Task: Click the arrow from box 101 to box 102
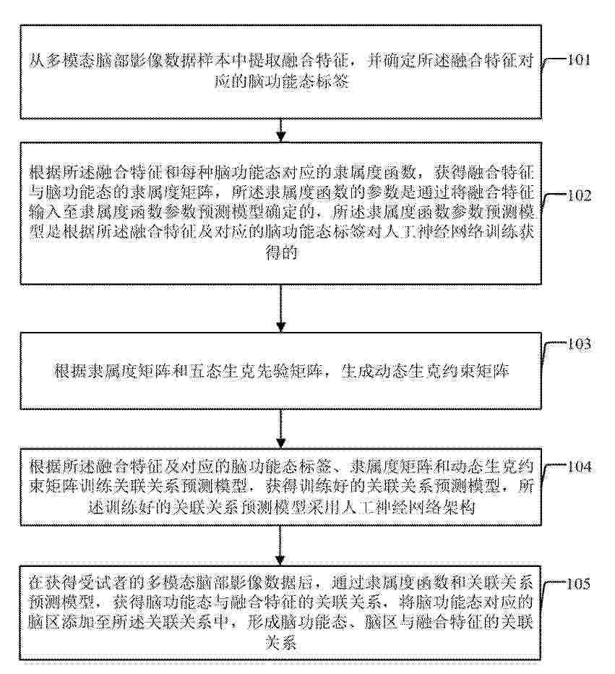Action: pyautogui.click(x=280, y=130)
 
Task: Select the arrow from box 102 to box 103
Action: pyautogui.click(x=280, y=308)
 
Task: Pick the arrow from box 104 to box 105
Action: pyautogui.click(x=280, y=545)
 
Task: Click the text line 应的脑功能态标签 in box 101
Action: pyautogui.click(x=281, y=81)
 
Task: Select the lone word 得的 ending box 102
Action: pyautogui.click(x=281, y=252)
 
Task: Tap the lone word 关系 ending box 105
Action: pyautogui.click(x=281, y=642)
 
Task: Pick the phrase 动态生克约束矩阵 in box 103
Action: pyautogui.click(x=442, y=370)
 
